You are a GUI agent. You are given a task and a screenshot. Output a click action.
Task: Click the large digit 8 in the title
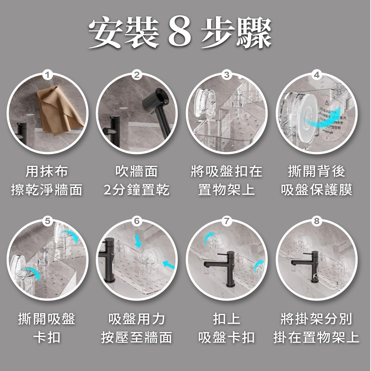[x=180, y=32]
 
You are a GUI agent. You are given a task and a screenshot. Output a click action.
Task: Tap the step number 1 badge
[x=47, y=75]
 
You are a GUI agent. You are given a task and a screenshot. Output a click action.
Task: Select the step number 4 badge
[x=316, y=75]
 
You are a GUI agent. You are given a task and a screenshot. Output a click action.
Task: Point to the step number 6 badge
[x=137, y=221]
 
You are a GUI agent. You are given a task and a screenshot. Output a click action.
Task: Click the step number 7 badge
[x=227, y=221]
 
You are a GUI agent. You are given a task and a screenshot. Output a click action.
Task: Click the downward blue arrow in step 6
[x=138, y=240]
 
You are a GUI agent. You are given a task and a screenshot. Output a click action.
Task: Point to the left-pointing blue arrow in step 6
[x=169, y=265]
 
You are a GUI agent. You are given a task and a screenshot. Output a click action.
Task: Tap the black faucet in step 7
[x=222, y=267]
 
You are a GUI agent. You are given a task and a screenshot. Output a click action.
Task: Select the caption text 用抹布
[x=47, y=171]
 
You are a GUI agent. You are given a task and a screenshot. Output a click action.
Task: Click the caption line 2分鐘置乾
[x=137, y=190]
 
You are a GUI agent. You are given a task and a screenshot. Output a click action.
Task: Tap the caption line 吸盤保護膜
[x=316, y=190]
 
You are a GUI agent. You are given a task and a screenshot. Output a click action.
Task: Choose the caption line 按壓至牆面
[x=137, y=337]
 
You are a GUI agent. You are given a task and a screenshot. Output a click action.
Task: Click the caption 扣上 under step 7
[x=227, y=319]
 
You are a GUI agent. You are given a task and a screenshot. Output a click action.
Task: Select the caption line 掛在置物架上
[x=316, y=337]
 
